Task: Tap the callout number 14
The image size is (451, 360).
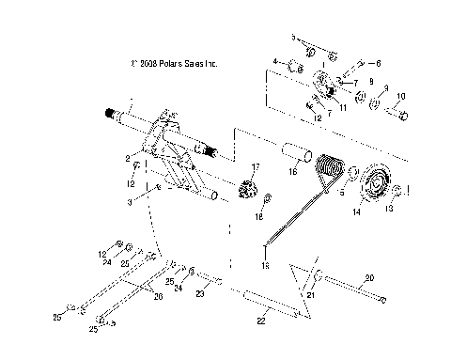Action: tap(355, 213)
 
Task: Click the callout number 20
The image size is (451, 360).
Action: tap(368, 277)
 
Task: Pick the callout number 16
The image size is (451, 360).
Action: tap(292, 173)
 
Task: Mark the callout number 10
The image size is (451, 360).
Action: tap(401, 97)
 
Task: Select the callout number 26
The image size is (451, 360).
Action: tap(157, 297)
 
